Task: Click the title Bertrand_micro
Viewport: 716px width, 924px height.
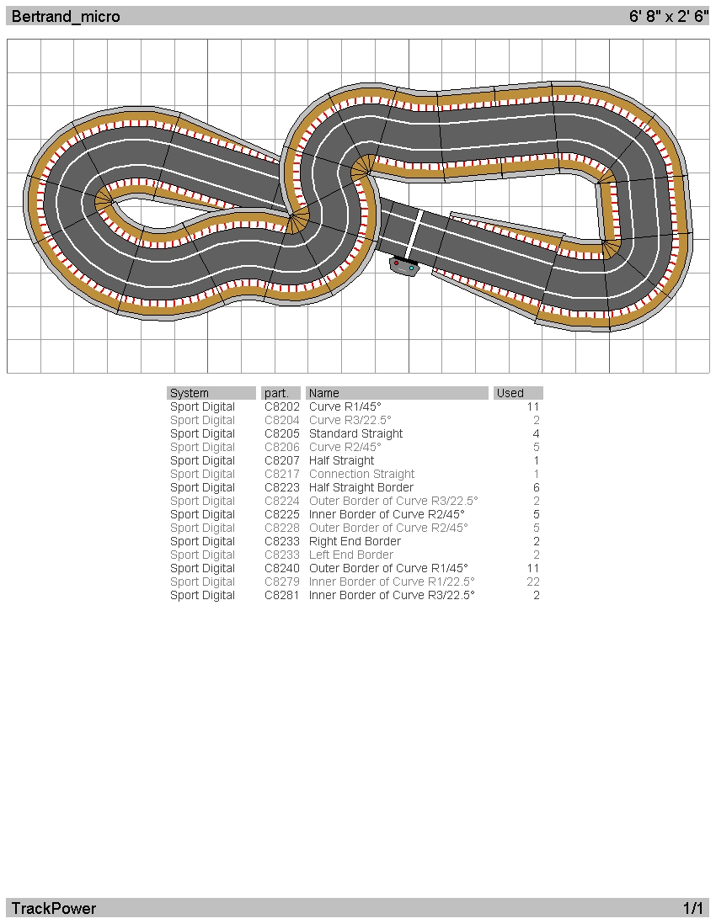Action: pyautogui.click(x=66, y=17)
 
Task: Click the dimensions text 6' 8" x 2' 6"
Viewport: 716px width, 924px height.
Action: pyautogui.click(x=668, y=16)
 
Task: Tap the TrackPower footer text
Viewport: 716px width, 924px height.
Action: pyautogui.click(x=54, y=908)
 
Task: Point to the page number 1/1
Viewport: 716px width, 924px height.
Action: pyautogui.click(x=693, y=908)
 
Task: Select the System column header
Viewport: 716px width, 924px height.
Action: pyautogui.click(x=189, y=393)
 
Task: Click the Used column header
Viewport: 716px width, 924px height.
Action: pyautogui.click(x=510, y=393)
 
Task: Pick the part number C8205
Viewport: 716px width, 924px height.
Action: pyautogui.click(x=282, y=433)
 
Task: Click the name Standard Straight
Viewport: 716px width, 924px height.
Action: pyautogui.click(x=355, y=433)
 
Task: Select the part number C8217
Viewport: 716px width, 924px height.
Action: pyautogui.click(x=282, y=475)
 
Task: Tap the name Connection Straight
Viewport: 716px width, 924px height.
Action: pyautogui.click(x=361, y=475)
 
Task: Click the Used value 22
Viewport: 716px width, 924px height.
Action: pyautogui.click(x=533, y=581)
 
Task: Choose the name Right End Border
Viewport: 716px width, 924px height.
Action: pyautogui.click(x=355, y=542)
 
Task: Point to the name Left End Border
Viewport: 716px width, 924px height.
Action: pyautogui.click(x=351, y=555)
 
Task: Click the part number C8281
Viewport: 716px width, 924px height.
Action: pyautogui.click(x=282, y=595)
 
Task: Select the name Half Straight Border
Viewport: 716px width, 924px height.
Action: pyautogui.click(x=361, y=488)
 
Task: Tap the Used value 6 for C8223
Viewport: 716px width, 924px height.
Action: pyautogui.click(x=536, y=488)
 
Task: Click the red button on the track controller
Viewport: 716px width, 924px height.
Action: pyautogui.click(x=397, y=263)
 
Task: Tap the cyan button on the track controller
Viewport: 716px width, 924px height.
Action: pyautogui.click(x=411, y=268)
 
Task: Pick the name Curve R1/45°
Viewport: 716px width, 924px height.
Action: pyautogui.click(x=345, y=407)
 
